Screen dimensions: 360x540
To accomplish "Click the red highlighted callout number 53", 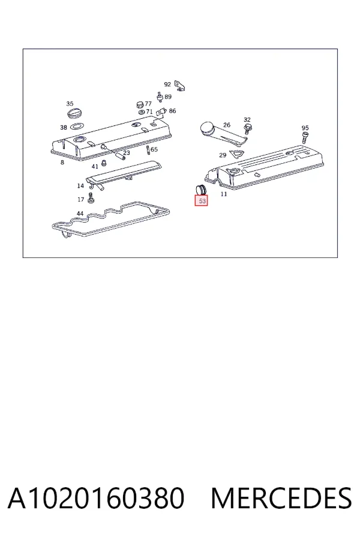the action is [202, 201].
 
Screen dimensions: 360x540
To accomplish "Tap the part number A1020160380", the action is [96, 498].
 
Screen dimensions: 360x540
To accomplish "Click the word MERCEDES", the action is [281, 498].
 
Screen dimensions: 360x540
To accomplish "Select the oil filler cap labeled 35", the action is [74, 112].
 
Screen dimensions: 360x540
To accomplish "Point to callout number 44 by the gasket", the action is [80, 214].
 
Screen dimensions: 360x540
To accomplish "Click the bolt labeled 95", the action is [305, 138].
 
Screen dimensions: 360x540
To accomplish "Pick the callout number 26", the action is [226, 125].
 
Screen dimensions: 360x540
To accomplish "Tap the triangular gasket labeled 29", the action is [236, 155].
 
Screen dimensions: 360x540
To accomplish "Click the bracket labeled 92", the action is [179, 85].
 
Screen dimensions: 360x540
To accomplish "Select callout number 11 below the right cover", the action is [224, 194].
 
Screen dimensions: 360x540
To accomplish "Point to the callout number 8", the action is [62, 162].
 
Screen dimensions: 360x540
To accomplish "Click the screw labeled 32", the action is [247, 129].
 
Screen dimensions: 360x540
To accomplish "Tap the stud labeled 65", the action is [148, 151].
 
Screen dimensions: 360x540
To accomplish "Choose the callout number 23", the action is [127, 152].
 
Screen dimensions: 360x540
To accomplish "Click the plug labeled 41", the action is [104, 163].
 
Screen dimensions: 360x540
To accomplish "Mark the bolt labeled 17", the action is [91, 199].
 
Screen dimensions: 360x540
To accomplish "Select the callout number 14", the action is [80, 186].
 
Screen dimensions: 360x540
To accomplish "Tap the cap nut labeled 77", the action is [140, 104].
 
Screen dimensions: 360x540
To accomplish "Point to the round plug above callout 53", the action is [200, 190].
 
